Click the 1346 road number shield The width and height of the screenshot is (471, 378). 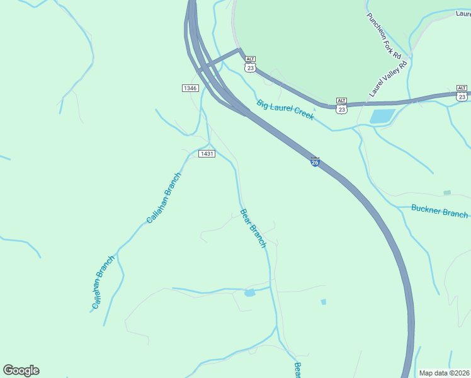tap(191, 88)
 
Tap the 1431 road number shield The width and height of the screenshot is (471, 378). tap(207, 154)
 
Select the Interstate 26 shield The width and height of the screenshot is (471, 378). tap(315, 162)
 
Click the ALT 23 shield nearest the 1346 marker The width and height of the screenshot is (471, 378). tap(251, 66)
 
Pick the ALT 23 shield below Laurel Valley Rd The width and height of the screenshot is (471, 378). tap(341, 106)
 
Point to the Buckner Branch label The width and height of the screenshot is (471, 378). tap(440, 211)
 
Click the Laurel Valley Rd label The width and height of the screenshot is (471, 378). tap(389, 77)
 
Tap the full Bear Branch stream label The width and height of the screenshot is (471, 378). tap(254, 228)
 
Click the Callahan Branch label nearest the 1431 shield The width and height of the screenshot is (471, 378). tap(164, 198)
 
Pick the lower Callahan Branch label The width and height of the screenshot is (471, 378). tap(103, 282)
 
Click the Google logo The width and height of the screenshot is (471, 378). tap(21, 370)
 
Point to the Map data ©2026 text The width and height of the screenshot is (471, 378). tap(444, 373)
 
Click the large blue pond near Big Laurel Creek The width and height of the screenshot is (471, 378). tap(382, 116)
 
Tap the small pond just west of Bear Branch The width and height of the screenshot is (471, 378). tap(249, 292)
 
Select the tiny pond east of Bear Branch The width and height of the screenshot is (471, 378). tap(324, 302)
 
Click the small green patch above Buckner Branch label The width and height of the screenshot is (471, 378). tap(447, 192)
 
